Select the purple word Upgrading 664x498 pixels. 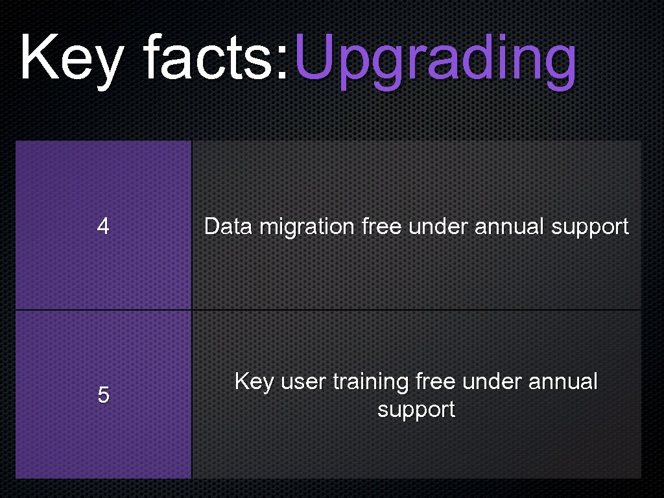tap(434, 62)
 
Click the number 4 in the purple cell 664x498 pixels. tap(103, 226)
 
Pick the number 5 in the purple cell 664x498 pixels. tap(103, 395)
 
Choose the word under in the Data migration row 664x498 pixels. tap(438, 226)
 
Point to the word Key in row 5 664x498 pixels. tap(254, 382)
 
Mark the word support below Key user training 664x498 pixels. tap(416, 410)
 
